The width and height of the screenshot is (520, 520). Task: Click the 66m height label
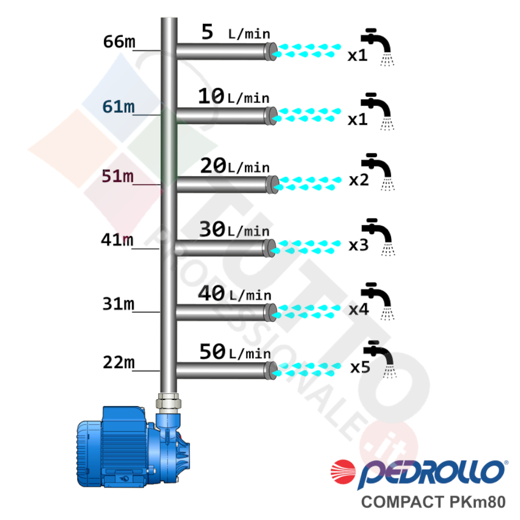pos(119,42)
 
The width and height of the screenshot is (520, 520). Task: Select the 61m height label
pos(119,107)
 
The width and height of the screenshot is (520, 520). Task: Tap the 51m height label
pos(118,176)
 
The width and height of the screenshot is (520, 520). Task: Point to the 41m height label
pos(117,239)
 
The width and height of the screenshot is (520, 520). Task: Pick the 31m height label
pos(119,304)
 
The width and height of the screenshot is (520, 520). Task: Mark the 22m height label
pos(119,362)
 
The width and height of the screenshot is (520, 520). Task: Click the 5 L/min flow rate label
pos(236,32)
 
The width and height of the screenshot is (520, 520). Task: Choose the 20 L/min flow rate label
pos(235,166)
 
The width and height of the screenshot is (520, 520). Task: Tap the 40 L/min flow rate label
pos(235,293)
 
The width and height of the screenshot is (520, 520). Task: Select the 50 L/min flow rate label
pos(235,352)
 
